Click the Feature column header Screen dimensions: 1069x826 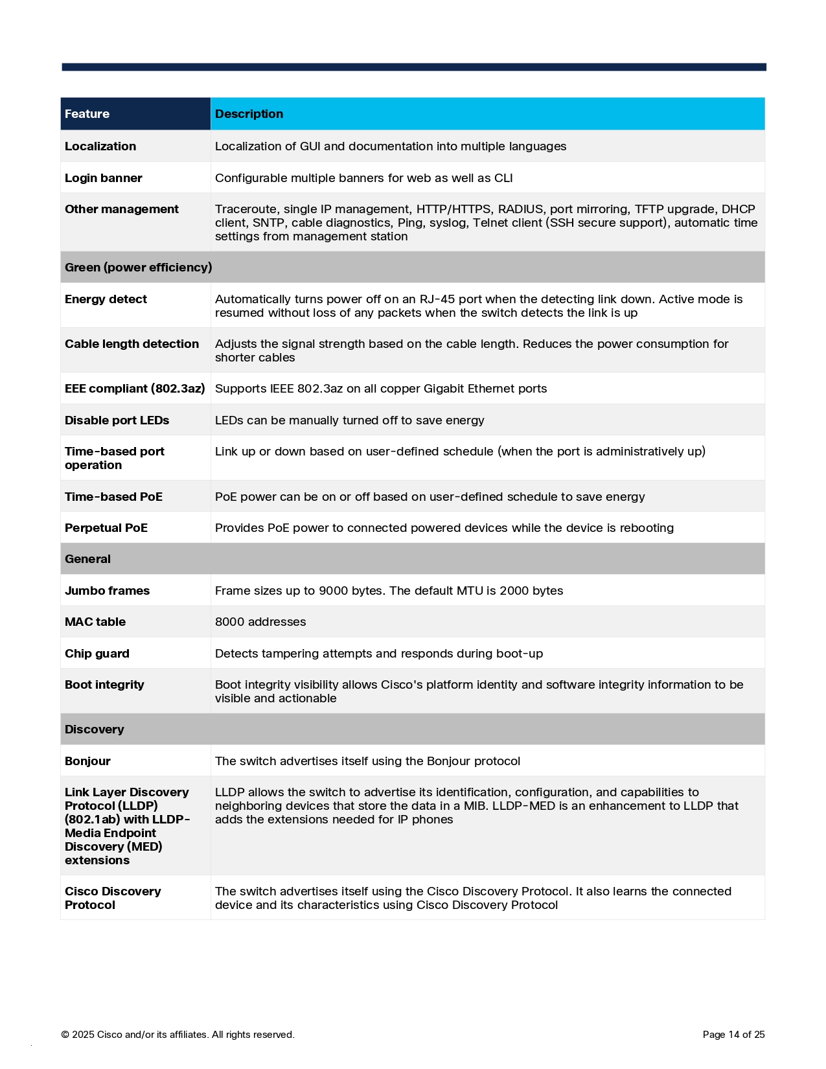[87, 114]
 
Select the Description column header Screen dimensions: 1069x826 [249, 114]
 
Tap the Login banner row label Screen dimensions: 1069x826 [103, 178]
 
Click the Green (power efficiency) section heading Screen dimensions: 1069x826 [138, 268]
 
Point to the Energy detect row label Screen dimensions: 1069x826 [106, 299]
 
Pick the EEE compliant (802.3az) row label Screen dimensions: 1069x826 [135, 389]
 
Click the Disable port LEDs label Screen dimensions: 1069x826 [117, 420]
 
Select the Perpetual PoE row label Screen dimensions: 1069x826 [106, 528]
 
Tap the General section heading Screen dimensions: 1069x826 [87, 559]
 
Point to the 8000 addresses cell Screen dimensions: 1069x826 [260, 622]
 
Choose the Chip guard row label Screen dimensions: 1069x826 [97, 654]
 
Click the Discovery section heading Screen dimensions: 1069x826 [94, 730]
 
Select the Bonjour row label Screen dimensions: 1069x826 [87, 761]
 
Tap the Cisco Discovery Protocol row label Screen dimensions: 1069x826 [113, 898]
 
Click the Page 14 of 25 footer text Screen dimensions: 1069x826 [733, 1035]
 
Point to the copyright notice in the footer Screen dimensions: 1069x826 [178, 1035]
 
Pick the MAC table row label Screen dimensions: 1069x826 [95, 622]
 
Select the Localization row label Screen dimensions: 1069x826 [100, 146]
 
